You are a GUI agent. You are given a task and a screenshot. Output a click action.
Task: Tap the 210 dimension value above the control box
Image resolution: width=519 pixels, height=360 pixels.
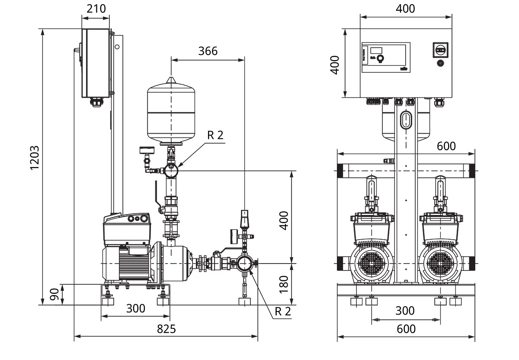(96, 9)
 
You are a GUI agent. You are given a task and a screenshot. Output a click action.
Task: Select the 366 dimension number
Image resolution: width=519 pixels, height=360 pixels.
(208, 51)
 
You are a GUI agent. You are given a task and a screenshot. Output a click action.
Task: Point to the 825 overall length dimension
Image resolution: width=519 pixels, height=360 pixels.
(166, 329)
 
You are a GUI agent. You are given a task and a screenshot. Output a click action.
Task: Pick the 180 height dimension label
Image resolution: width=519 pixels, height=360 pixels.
(284, 284)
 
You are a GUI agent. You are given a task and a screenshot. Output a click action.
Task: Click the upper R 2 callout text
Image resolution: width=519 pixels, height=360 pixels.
(215, 135)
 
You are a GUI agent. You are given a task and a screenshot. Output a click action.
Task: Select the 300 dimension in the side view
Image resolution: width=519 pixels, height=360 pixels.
(135, 309)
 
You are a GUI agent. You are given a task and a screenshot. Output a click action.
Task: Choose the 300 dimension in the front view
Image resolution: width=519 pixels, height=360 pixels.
(405, 311)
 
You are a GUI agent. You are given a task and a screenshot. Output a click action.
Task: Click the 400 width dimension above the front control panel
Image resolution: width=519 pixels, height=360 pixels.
(406, 9)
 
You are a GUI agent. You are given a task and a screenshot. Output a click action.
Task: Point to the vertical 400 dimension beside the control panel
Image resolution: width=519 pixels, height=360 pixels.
(335, 64)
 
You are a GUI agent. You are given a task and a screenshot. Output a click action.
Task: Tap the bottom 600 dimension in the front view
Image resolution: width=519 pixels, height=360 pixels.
(406, 329)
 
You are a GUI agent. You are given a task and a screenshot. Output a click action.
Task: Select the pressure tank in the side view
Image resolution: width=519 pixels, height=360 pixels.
(171, 112)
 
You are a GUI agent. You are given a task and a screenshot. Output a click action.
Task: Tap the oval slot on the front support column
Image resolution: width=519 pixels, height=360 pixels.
(406, 119)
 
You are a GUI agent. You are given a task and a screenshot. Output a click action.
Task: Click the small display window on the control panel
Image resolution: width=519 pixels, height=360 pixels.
(376, 50)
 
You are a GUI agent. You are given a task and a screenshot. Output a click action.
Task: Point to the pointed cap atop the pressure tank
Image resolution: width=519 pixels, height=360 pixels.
(172, 80)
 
